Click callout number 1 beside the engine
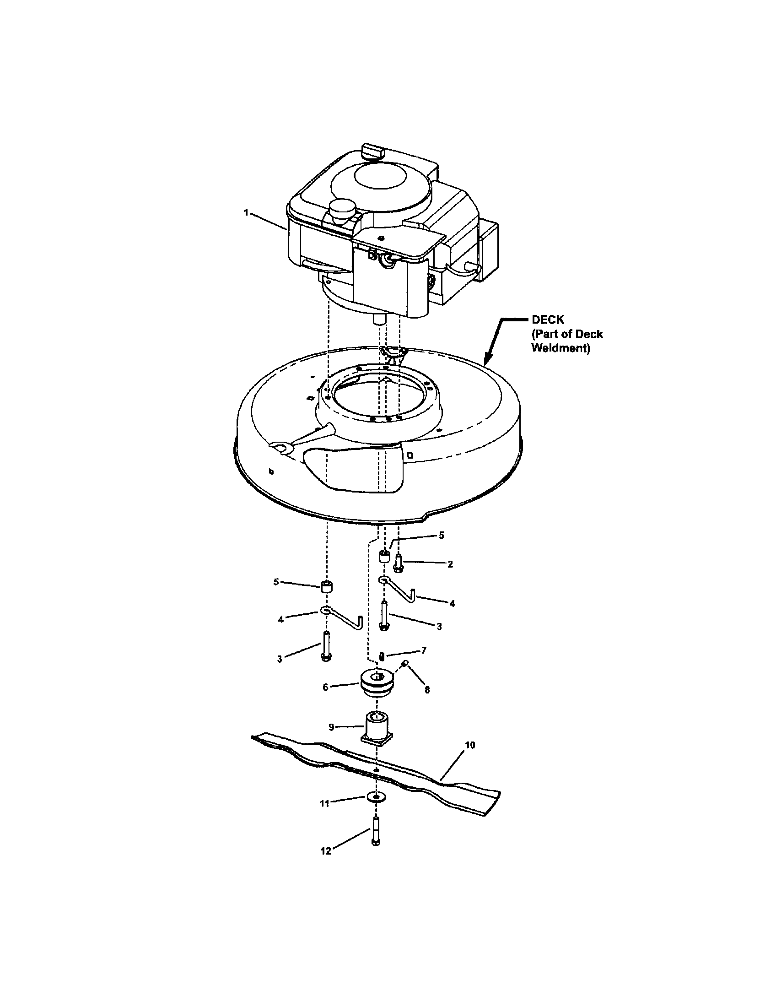[246, 212]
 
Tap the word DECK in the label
[548, 320]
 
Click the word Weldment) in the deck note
[560, 348]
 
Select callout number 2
[450, 564]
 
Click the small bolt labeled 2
[399, 563]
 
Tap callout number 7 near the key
[424, 650]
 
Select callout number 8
[427, 690]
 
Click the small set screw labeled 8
[405, 663]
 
